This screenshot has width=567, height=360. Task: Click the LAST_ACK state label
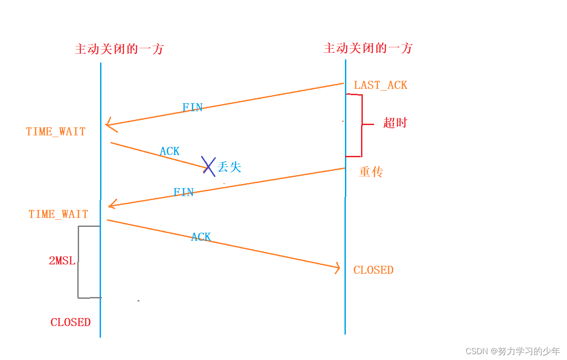380,85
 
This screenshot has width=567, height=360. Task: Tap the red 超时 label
395,123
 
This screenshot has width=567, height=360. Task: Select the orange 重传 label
371,172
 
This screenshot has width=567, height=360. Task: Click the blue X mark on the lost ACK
208,166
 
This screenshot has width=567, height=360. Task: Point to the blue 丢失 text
229,167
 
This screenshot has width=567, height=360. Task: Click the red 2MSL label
62,261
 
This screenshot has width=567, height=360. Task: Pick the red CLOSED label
70,322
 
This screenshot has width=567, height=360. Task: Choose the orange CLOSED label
373,270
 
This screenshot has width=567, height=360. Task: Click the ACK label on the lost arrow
170,151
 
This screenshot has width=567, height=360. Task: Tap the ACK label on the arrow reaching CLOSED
201,237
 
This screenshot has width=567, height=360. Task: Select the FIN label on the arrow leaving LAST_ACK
193,108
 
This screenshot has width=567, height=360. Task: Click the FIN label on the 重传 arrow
183,193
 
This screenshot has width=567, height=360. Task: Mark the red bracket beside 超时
361,125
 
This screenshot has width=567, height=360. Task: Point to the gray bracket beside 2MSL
79,261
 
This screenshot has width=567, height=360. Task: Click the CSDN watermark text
512,351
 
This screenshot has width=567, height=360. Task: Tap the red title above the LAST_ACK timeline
368,48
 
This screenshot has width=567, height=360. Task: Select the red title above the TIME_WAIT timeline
119,49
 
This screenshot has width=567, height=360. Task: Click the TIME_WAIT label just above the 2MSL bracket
58,214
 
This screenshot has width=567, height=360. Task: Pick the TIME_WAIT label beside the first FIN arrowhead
55,132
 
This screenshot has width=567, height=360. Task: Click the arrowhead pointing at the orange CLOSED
337,268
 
